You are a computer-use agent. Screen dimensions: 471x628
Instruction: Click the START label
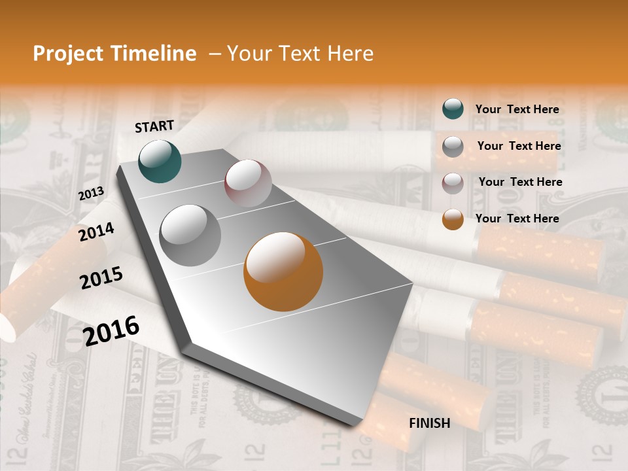click(154, 126)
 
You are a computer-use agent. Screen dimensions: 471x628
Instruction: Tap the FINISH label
click(429, 423)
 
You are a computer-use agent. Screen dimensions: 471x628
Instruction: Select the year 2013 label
click(91, 194)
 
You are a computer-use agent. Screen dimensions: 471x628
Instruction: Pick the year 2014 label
click(96, 232)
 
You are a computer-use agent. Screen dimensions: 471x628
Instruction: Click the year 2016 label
click(111, 330)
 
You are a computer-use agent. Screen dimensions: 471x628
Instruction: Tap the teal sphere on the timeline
click(160, 161)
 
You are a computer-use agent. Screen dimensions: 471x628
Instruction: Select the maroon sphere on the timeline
click(248, 183)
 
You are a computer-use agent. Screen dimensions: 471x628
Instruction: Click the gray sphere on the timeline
click(190, 235)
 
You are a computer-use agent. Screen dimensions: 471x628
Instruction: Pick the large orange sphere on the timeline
click(283, 271)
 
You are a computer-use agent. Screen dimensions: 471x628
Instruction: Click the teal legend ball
click(453, 109)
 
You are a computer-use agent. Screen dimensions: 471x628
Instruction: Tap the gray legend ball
click(453, 147)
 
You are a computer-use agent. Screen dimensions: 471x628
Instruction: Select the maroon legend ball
click(453, 183)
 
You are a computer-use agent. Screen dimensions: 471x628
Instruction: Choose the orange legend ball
click(453, 219)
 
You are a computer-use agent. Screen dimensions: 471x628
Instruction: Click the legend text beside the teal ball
click(517, 109)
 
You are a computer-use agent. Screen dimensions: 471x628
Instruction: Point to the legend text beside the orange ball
click(517, 218)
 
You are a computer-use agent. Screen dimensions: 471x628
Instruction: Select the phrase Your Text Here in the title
click(300, 54)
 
